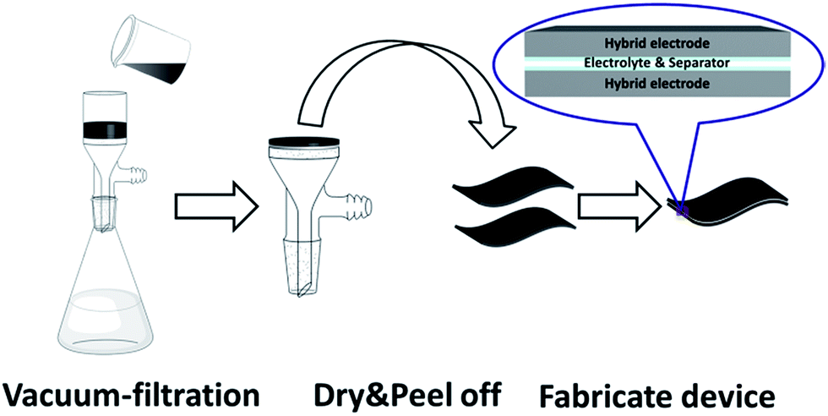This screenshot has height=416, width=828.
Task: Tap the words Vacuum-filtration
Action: tap(131, 392)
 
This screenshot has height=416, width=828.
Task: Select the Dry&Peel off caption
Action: tap(406, 391)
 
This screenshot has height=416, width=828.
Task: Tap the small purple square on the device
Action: tap(681, 211)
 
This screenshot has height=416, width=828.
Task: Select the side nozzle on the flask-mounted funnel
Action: tap(133, 172)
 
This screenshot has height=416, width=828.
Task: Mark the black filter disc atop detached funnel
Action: tap(303, 142)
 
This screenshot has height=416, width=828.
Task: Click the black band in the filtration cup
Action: tap(105, 130)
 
